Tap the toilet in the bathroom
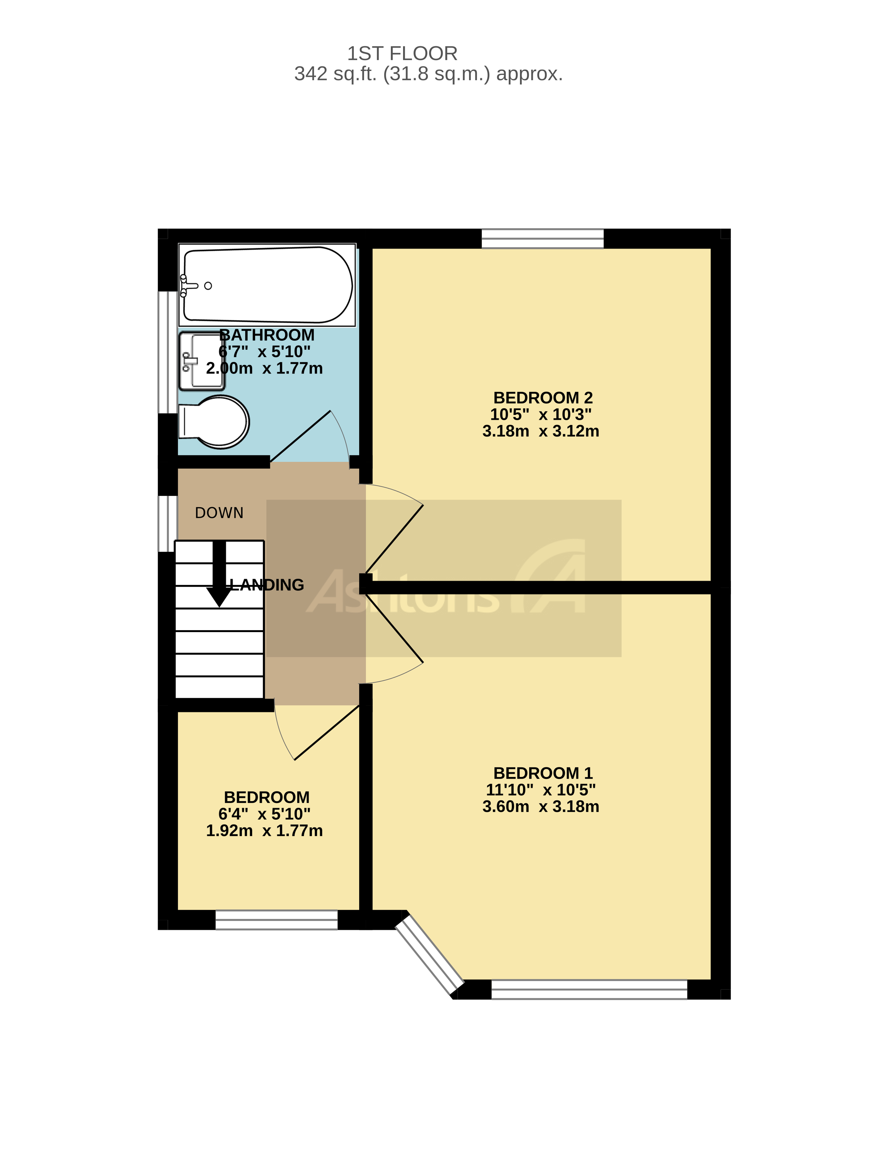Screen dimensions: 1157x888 pos(217,422)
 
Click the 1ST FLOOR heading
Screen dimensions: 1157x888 pos(402,53)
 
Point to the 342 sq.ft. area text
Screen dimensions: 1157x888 pos(428,74)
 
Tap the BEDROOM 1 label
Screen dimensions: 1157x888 pos(543,773)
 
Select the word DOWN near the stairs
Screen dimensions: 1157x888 pos(219,513)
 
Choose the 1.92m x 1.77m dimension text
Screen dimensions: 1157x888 pos(264,830)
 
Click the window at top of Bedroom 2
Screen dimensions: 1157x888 pos(542,238)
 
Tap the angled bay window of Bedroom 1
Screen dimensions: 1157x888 pos(429,956)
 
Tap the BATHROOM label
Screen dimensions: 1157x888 pos(267,335)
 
